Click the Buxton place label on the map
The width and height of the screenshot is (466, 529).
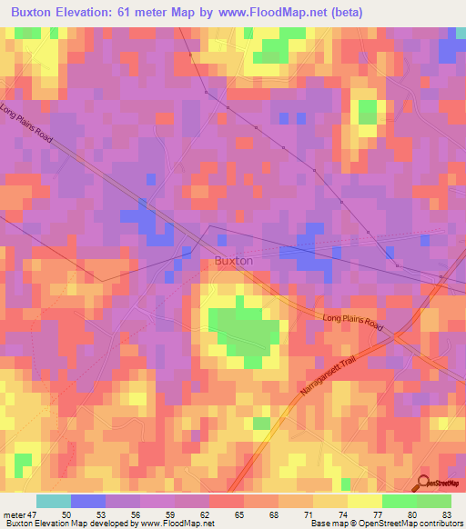[233, 260]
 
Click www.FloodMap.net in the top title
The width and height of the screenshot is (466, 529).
[301, 12]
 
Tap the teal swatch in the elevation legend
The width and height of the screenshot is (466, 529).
[54, 501]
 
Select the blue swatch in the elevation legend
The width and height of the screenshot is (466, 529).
[88, 501]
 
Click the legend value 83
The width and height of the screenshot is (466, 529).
[447, 514]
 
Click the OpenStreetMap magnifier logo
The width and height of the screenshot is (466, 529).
[423, 484]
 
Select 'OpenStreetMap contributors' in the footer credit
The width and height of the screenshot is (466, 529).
[400, 524]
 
